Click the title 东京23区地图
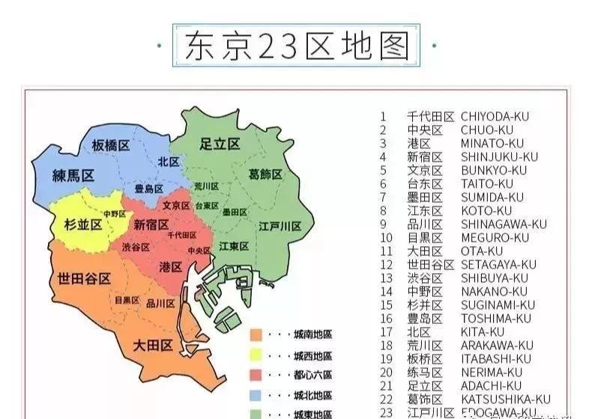[297, 45]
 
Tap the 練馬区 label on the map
[73, 176]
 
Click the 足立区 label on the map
[220, 144]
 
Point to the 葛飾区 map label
[265, 174]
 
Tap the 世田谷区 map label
[84, 278]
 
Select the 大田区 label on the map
[153, 346]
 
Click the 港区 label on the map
[171, 266]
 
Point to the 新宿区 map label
[151, 224]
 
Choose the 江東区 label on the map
[233, 246]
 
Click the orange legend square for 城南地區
[256, 334]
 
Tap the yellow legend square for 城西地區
[256, 355]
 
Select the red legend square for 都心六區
[256, 375]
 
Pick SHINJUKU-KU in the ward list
[499, 156]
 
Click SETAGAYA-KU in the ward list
[498, 264]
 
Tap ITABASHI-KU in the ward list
[495, 358]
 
